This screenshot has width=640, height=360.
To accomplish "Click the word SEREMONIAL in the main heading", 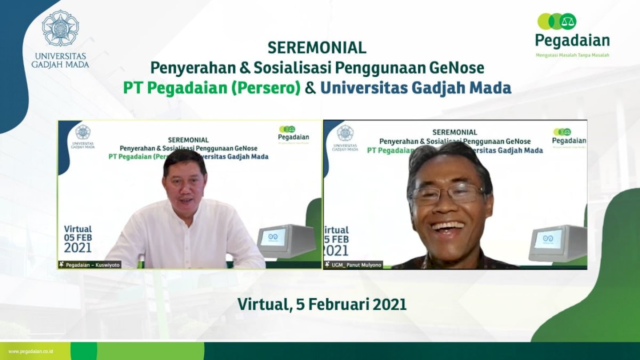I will tap(317, 48).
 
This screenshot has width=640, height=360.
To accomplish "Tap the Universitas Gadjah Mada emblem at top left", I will tap(60, 27).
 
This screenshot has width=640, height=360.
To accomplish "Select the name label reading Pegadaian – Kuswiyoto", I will tap(90, 265).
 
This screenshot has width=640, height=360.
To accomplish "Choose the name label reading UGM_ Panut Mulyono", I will tap(354, 265).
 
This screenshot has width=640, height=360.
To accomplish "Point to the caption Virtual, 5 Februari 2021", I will tap(322, 304).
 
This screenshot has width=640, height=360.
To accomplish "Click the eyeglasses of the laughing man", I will tap(448, 194).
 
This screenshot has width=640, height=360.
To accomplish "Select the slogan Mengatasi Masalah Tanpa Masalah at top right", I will tap(572, 55).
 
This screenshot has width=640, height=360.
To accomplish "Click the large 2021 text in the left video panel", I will tap(78, 248).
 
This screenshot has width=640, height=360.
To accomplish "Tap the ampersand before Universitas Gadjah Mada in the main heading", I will tap(310, 87).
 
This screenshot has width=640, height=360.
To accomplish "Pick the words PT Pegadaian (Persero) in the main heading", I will tap(212, 87).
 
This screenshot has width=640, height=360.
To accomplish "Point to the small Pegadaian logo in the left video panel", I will tap(293, 133).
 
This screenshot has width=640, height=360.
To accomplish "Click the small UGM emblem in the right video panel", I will tap(345, 133).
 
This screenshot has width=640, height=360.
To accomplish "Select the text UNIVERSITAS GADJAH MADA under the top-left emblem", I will tap(60, 60).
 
